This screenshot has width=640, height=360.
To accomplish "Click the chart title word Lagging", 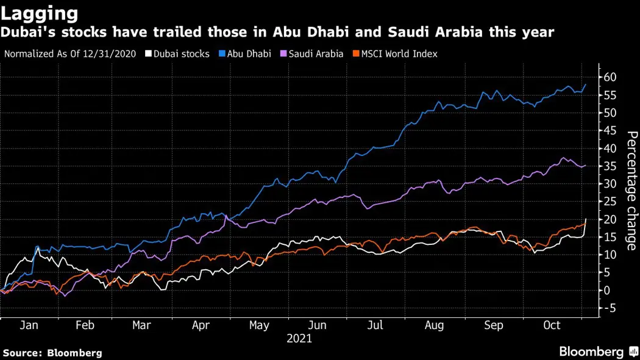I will pyautogui.click(x=40, y=13).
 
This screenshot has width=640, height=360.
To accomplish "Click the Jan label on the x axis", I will pyautogui.click(x=29, y=325).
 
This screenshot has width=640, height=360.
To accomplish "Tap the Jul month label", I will pyautogui.click(x=375, y=325).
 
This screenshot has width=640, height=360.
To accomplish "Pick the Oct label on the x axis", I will pyautogui.click(x=552, y=325).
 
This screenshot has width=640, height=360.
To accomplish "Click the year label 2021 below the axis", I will pyautogui.click(x=299, y=339).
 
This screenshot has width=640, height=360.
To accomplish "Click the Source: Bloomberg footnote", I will pyautogui.click(x=52, y=353).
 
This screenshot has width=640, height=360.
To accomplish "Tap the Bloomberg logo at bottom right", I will pyautogui.click(x=597, y=351).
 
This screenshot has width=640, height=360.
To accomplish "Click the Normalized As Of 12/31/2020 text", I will pyautogui.click(x=70, y=54).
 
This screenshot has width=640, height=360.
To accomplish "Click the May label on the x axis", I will pyautogui.click(x=259, y=325).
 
